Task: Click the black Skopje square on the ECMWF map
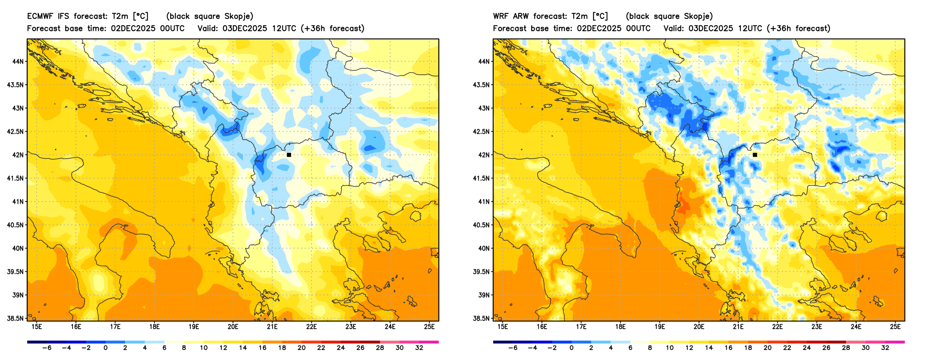(289, 155)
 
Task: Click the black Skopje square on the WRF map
(755, 155)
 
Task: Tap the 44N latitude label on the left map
(17, 61)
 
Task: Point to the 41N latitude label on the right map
(483, 202)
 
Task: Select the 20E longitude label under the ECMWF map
(233, 327)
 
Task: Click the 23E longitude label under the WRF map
(817, 327)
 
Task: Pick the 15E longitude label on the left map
(37, 327)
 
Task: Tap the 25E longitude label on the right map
(895, 327)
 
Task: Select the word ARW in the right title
(521, 16)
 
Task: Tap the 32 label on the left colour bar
(419, 348)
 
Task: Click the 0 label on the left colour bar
(106, 348)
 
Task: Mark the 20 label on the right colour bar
(767, 348)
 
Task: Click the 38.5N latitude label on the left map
(15, 318)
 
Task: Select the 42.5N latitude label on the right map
(481, 132)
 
